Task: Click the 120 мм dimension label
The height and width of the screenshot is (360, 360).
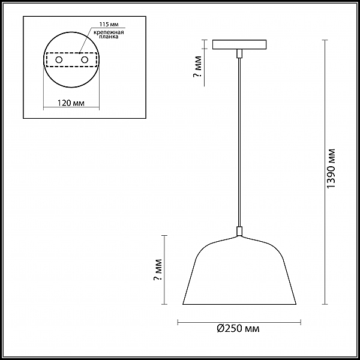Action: pos(71,103)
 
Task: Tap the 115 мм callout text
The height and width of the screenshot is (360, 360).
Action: pos(109,25)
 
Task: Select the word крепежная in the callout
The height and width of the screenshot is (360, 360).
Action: pos(109,32)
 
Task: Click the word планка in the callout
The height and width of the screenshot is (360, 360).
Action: pos(109,37)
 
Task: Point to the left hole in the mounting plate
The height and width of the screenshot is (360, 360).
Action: pos(59,60)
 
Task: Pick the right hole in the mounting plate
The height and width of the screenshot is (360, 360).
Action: pos(85,60)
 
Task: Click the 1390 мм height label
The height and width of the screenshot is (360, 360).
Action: pos(331,169)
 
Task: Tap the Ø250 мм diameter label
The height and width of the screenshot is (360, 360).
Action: pos(238,329)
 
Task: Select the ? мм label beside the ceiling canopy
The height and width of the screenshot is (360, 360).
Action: pos(197,67)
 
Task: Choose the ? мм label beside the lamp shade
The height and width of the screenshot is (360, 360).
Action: pos(158,270)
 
